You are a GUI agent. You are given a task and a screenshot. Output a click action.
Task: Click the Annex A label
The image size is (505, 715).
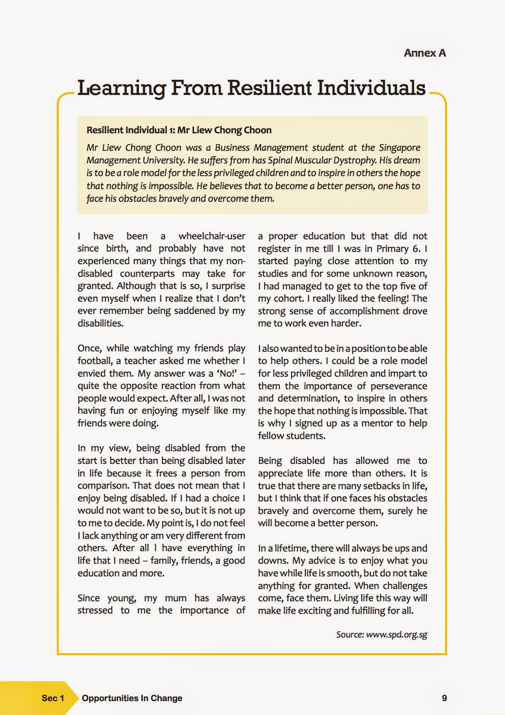(x=425, y=53)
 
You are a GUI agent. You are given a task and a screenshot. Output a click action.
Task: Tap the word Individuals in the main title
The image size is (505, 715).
(x=371, y=88)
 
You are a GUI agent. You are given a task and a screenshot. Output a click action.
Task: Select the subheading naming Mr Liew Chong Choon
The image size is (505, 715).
(x=179, y=130)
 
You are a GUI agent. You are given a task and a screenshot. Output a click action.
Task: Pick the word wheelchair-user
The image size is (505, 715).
(x=212, y=236)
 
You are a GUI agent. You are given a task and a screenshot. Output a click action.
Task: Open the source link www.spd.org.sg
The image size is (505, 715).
(x=396, y=635)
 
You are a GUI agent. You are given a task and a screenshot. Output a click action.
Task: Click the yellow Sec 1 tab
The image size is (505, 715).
(x=53, y=698)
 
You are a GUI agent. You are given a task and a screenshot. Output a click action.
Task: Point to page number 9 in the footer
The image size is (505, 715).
(x=444, y=698)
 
